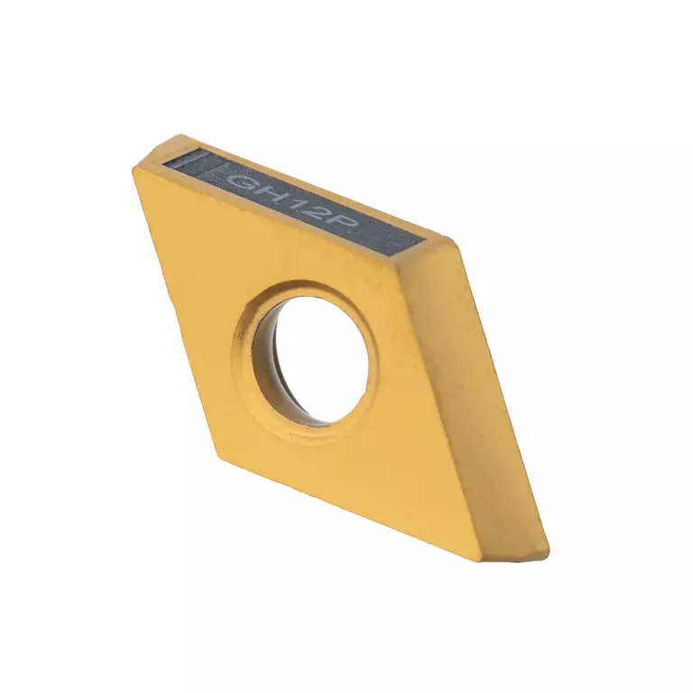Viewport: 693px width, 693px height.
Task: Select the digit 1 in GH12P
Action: (x=297, y=204)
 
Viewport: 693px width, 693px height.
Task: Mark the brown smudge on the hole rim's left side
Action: (x=241, y=336)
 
